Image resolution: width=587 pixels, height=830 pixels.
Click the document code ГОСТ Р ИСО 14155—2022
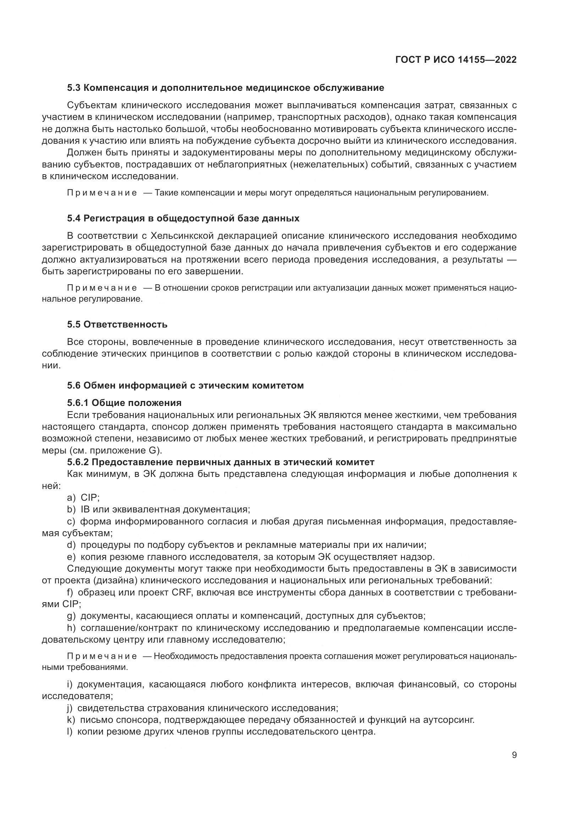[x=456, y=60]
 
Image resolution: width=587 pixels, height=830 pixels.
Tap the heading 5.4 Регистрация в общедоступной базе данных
[x=183, y=218]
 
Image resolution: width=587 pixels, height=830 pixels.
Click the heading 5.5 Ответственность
[x=117, y=324]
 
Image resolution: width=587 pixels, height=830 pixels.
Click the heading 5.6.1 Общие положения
[x=124, y=403]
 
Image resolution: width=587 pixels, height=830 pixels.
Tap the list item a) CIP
[x=83, y=498]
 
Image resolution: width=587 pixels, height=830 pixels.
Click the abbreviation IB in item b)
[x=85, y=509]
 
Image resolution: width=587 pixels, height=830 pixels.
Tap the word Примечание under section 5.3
[x=102, y=193]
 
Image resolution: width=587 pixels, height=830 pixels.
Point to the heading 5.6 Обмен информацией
[x=185, y=385]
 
